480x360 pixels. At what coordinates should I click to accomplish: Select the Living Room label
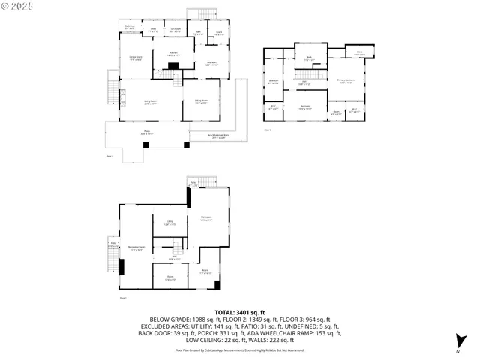(x=150, y=103)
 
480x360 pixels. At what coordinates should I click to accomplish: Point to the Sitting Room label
(x=201, y=102)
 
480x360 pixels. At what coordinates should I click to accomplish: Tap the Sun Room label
(x=175, y=31)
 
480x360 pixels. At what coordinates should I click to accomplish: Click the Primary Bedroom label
(x=345, y=82)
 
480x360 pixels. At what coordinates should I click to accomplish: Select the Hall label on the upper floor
(x=304, y=82)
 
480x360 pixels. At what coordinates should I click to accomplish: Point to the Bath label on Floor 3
(x=308, y=58)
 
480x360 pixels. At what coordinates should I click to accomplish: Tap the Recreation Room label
(x=136, y=248)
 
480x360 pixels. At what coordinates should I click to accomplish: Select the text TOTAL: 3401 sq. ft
(x=239, y=311)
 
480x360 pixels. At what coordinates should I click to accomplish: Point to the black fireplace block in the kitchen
(x=172, y=67)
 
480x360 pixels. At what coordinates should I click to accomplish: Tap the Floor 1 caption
(x=123, y=298)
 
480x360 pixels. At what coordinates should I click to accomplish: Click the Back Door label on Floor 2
(x=130, y=26)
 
